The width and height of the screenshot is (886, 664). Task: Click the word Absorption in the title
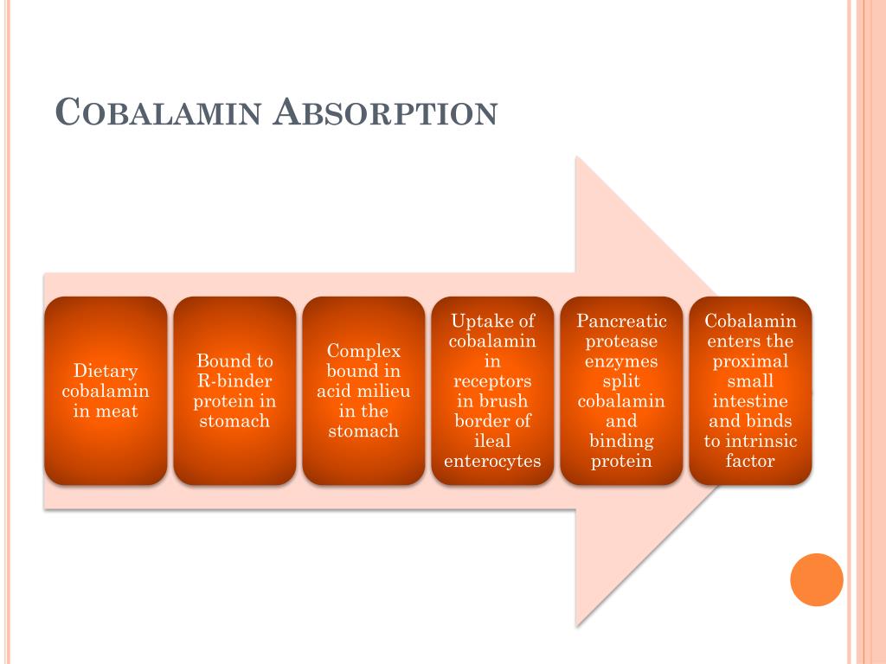click(385, 112)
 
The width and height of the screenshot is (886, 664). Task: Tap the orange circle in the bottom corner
click(816, 579)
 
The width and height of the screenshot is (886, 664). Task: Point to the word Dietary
click(106, 372)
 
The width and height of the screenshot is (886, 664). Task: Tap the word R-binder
click(234, 381)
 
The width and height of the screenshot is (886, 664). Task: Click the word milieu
click(384, 391)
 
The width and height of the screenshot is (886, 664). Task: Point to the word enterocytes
click(492, 461)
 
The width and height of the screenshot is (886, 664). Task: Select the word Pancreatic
click(621, 322)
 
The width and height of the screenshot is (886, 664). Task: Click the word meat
click(117, 412)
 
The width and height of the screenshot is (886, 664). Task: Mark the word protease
click(621, 342)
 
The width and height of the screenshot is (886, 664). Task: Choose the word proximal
click(750, 361)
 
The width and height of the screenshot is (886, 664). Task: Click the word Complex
click(363, 351)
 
